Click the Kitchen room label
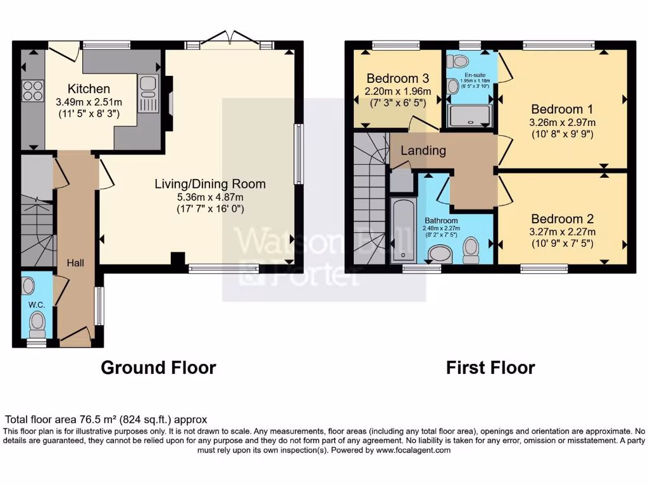(x=89, y=89)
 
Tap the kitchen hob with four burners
(x=32, y=91)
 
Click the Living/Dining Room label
(x=210, y=184)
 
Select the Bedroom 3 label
(x=397, y=78)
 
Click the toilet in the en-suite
(x=457, y=61)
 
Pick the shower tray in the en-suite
(x=469, y=116)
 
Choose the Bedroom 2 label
(x=563, y=219)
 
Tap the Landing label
(x=423, y=151)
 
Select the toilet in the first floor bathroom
(x=471, y=250)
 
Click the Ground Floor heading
(x=158, y=367)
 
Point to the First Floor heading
(x=490, y=367)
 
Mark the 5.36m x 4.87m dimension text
(x=210, y=197)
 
